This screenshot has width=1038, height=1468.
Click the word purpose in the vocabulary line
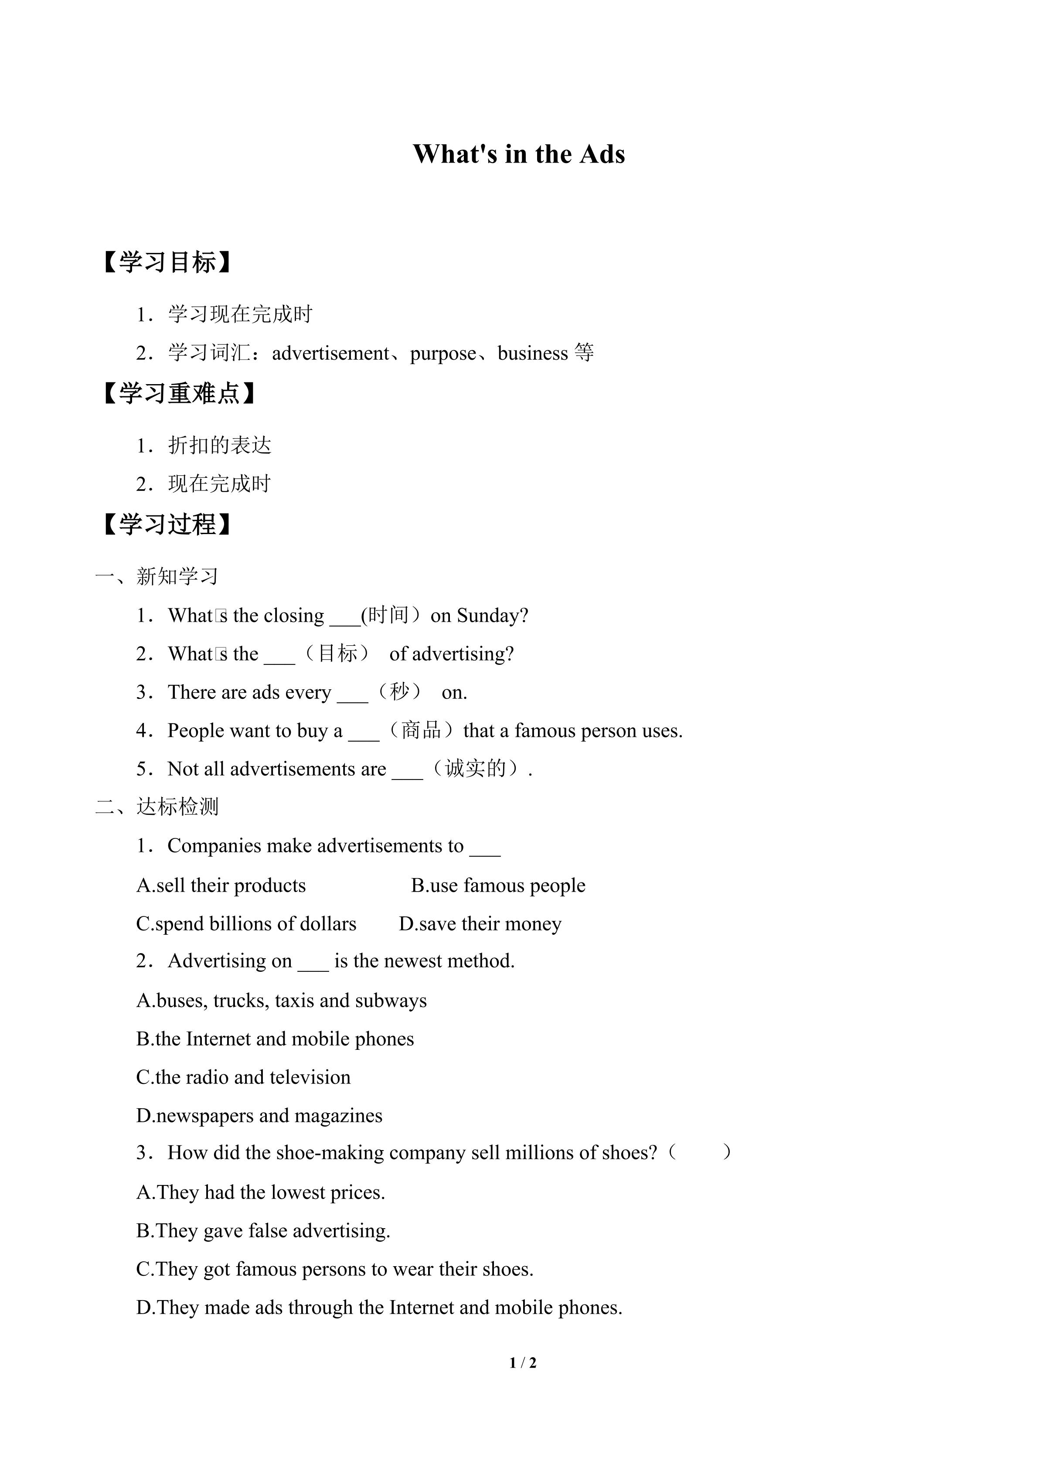[442, 354]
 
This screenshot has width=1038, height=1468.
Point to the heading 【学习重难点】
[179, 393]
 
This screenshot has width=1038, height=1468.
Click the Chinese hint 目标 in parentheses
[338, 654]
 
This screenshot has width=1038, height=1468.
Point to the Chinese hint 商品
[421, 730]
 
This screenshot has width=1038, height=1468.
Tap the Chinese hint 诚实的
[476, 769]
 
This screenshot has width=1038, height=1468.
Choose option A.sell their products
[221, 885]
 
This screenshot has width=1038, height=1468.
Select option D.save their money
[480, 923]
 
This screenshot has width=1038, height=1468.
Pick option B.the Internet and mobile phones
[275, 1039]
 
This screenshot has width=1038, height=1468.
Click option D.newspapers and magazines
[259, 1115]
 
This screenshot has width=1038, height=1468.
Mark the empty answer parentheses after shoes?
[699, 1153]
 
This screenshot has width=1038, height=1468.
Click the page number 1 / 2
[523, 1362]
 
